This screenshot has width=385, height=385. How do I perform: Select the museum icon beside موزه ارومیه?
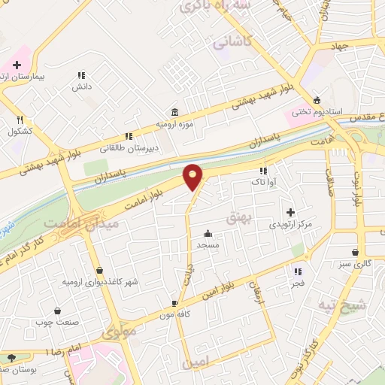pyautogui.click(x=175, y=111)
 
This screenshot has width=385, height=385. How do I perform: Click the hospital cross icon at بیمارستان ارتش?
pyautogui.click(x=17, y=65)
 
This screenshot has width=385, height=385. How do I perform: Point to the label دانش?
pyautogui.click(x=81, y=86)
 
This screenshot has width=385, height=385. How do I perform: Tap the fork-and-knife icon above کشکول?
pyautogui.click(x=20, y=119)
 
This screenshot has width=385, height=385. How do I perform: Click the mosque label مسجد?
pyautogui.click(x=208, y=244)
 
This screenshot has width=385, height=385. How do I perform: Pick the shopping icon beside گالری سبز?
pyautogui.click(x=355, y=252)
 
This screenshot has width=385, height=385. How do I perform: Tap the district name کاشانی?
pyautogui.click(x=231, y=44)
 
